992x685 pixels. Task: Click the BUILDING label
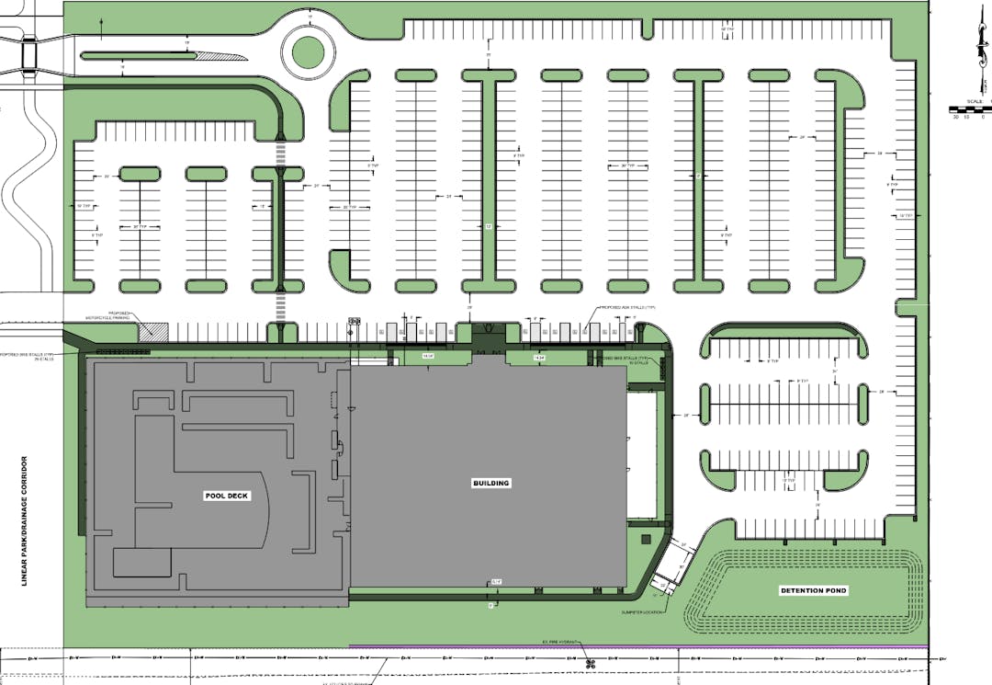[x=490, y=483]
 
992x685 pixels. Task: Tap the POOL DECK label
[x=226, y=496]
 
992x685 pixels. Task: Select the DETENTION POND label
[x=813, y=590]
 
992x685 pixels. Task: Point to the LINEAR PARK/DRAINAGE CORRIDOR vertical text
[x=26, y=520]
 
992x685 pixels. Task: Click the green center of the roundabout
[x=308, y=51]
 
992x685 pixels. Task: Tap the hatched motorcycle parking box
[x=152, y=329]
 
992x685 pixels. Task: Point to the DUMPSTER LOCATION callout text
[x=641, y=611]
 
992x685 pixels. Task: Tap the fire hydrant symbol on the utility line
[x=589, y=663]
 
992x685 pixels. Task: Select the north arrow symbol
[x=975, y=46]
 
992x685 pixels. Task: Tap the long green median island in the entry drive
[x=138, y=54]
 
